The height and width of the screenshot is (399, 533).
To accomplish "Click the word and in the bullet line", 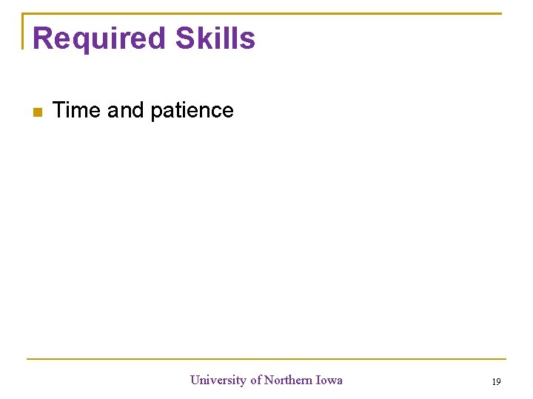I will point(125,110).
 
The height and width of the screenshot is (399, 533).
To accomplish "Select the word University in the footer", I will point(218,380).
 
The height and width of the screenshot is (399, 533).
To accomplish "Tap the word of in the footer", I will point(255,380).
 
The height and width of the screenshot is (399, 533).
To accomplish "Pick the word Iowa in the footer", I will point(329,380).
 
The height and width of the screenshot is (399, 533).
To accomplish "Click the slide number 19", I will point(496,381).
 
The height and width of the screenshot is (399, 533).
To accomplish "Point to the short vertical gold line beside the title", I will point(24,32).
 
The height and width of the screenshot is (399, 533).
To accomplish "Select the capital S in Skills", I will point(186,38).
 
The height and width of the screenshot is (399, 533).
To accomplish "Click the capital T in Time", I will point(60,110).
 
